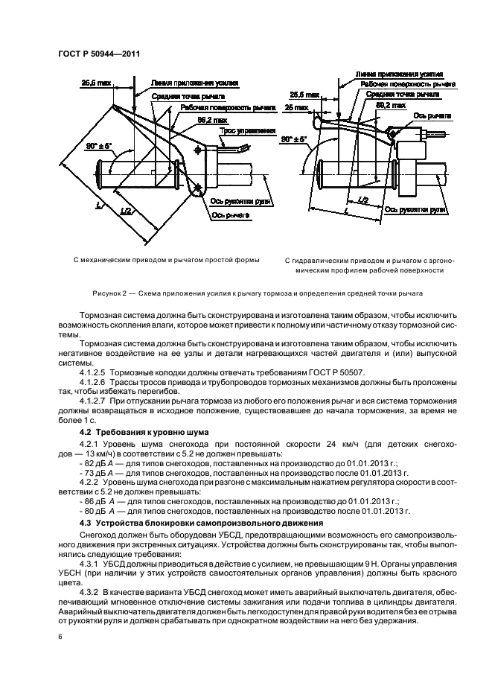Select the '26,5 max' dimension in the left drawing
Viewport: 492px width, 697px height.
point(95,85)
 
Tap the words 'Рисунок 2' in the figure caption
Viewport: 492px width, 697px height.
point(112,294)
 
